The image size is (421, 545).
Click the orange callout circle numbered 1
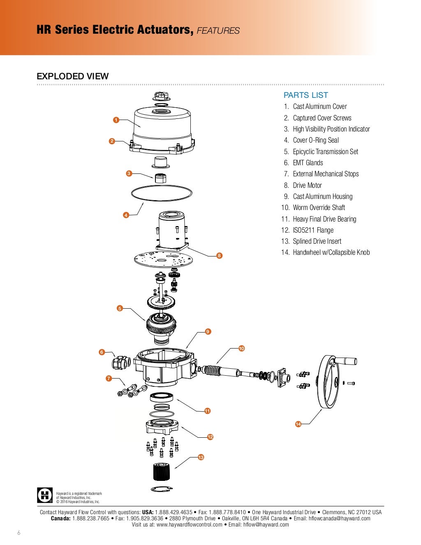tap(116, 120)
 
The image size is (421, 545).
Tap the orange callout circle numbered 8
tap(219, 256)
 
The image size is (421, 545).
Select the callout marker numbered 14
tap(298, 424)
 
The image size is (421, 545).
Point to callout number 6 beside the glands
tap(102, 352)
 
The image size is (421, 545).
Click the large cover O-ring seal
tap(162, 186)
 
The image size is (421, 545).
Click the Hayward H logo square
tap(45, 495)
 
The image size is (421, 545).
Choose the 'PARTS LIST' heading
tap(305, 95)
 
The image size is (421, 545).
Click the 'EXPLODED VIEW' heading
tap(72, 76)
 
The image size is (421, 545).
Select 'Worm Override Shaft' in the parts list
tap(319, 208)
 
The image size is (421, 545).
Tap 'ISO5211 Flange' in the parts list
tap(313, 230)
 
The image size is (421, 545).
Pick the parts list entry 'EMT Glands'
tap(308, 163)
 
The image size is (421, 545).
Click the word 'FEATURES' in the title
tap(218, 30)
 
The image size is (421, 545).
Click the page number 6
tap(19, 532)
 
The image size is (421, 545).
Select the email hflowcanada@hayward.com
tap(339, 518)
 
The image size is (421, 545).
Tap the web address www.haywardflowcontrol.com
tap(190, 524)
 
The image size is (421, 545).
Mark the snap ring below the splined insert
tap(162, 489)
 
